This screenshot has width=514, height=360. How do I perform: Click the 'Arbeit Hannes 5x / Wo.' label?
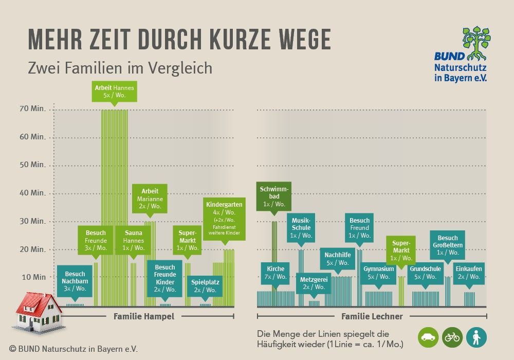114,92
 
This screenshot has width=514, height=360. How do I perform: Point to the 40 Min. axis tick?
31,193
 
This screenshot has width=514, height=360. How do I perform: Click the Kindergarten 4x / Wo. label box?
224,218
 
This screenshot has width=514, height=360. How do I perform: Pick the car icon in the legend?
428,337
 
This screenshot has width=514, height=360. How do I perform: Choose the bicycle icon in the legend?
452,337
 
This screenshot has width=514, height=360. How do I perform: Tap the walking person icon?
476,337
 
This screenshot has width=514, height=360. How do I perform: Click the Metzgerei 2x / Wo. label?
314,283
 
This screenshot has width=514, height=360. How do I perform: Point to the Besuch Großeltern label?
448,245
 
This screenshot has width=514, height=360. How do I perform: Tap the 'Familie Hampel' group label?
144,316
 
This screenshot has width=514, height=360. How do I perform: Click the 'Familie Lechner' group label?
372,316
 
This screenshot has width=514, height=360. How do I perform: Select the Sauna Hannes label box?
133,240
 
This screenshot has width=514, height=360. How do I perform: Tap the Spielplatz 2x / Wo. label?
205,286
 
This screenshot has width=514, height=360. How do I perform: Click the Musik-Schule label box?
301,227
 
